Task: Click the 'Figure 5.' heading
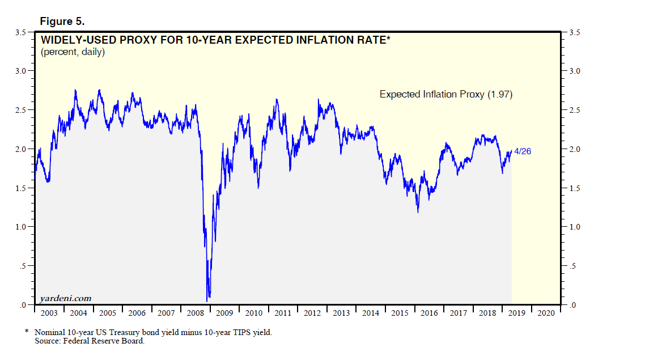62,21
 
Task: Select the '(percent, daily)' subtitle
72,52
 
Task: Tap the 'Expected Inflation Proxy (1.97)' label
445,95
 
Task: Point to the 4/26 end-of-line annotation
522,151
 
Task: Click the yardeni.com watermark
66,298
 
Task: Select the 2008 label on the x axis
195,312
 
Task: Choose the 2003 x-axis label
49,312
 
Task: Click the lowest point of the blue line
209,298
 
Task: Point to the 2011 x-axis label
282,312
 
